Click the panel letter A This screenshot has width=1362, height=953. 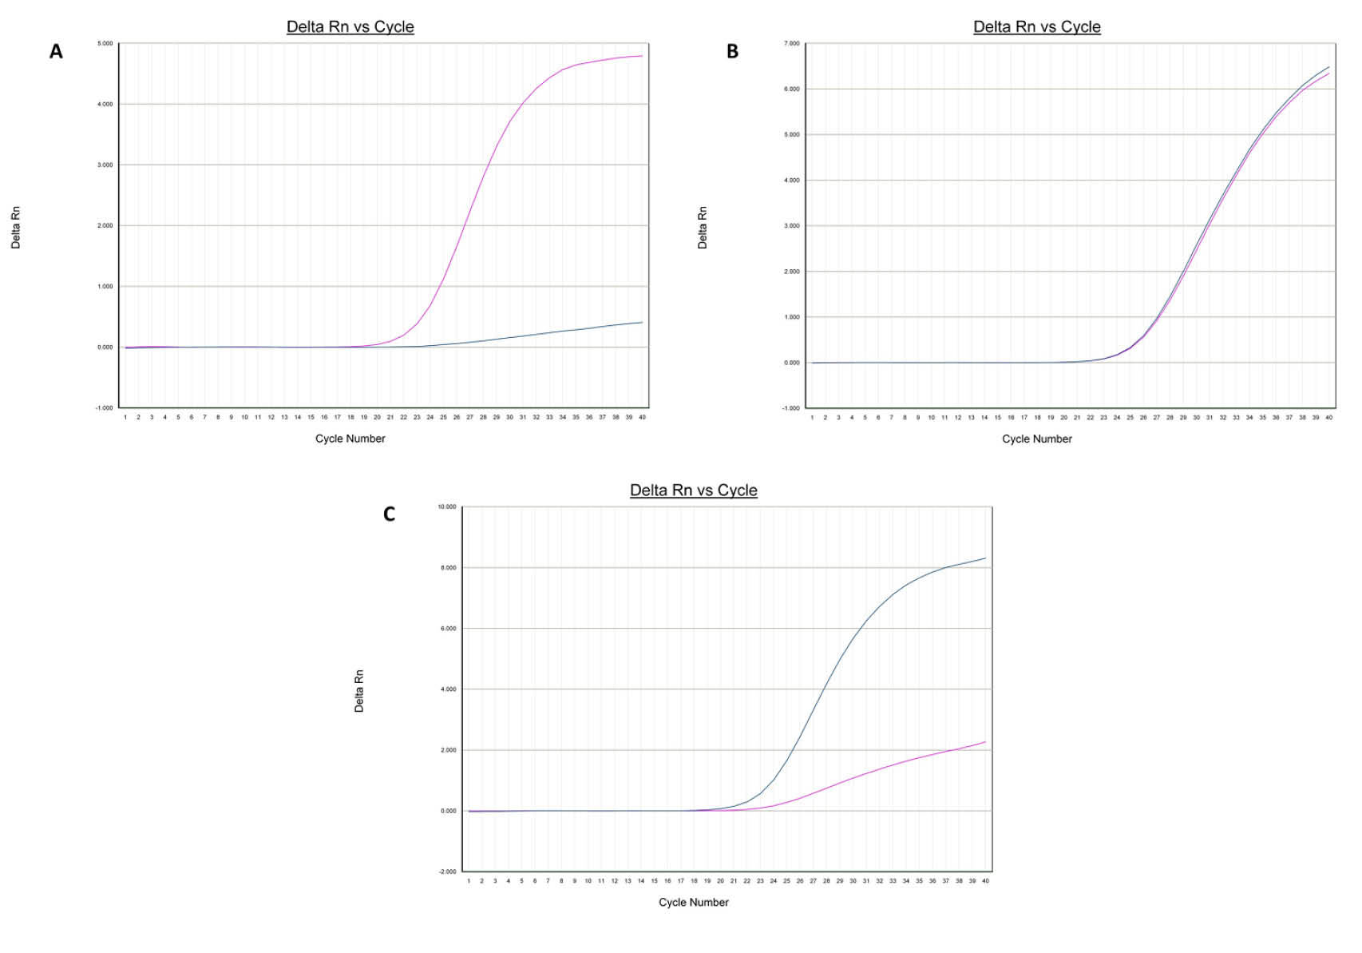click(56, 52)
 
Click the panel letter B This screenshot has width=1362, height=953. click(732, 52)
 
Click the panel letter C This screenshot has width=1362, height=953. click(389, 514)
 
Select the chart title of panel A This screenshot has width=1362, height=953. click(350, 26)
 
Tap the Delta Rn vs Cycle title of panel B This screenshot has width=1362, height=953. click(1036, 26)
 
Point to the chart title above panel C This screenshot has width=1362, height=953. click(693, 490)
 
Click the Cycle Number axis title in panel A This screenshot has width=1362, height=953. click(350, 439)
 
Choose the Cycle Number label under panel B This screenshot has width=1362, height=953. click(1036, 439)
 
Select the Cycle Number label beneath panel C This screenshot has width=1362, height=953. click(693, 902)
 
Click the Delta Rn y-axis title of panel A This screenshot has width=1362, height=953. click(16, 228)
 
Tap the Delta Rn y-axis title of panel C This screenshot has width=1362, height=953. click(359, 691)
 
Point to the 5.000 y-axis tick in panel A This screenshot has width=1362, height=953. click(105, 43)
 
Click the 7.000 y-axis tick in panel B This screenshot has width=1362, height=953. click(791, 43)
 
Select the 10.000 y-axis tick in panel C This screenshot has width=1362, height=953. click(447, 506)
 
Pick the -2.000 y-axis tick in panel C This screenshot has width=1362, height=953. click(447, 872)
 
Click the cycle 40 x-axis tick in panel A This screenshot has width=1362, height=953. click(642, 417)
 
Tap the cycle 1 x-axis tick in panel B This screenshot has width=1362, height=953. click(812, 417)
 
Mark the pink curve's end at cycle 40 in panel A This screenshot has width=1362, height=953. click(642, 56)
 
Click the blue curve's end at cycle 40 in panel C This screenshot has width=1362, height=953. click(985, 558)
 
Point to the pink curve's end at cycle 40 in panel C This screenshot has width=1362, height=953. click(985, 742)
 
